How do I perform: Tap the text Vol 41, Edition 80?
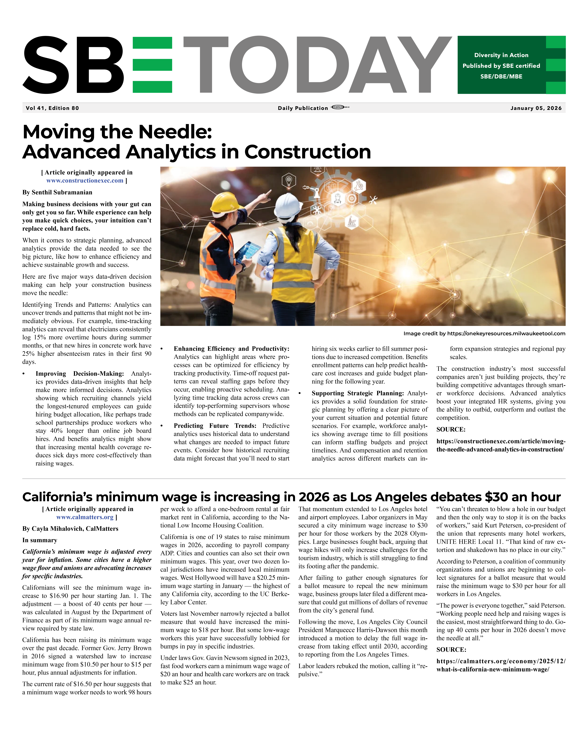pos(52,108)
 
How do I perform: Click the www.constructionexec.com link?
pos(85,181)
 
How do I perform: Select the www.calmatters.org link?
pos(85,517)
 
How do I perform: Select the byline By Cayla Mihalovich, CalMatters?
pos(70,529)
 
